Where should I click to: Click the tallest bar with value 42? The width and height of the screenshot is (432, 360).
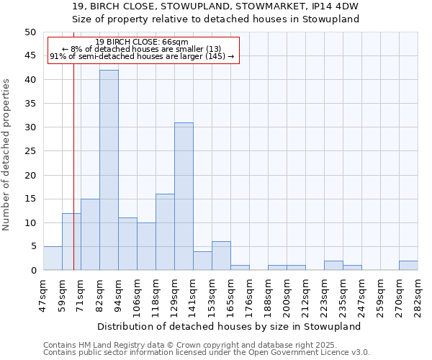click(109, 170)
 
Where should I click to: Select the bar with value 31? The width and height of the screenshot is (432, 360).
click(184, 197)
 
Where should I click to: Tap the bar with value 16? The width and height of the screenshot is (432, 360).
click(165, 232)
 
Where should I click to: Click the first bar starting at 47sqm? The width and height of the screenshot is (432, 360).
click(53, 258)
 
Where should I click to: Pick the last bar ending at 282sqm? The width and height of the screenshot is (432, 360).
click(408, 266)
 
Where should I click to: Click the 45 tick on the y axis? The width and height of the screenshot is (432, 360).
click(30, 56)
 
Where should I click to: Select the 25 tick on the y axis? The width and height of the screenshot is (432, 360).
click(30, 151)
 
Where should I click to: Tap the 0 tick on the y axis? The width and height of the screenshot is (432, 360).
click(33, 271)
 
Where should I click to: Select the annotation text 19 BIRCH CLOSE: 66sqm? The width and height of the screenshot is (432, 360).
click(142, 42)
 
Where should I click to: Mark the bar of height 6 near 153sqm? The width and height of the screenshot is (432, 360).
click(221, 256)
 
